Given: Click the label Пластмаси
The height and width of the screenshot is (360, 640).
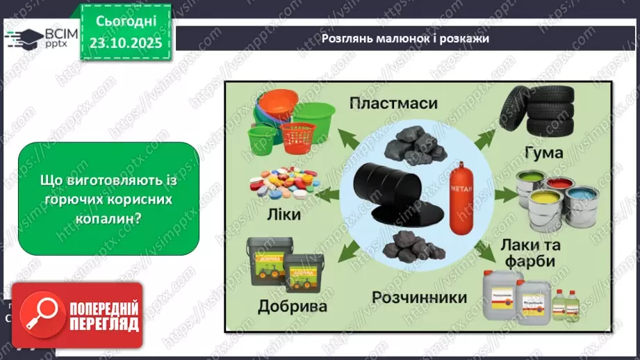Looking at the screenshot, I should coord(393,104).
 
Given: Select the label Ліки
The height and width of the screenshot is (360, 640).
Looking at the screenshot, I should coord(283,215).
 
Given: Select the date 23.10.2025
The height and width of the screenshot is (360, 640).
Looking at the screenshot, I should coord(125,42).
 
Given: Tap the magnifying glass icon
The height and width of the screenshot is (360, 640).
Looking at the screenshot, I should coord(40,316).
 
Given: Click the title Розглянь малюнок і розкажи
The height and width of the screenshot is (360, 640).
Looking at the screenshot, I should coord(405,38).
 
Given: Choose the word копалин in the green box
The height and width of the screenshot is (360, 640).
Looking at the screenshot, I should coord(108,217).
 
